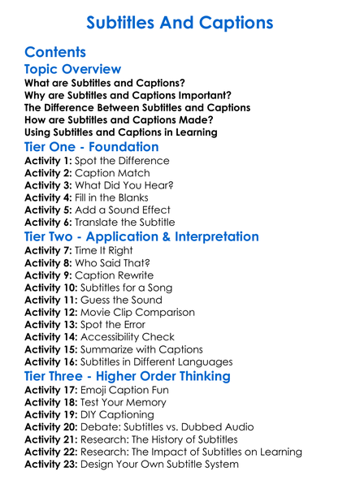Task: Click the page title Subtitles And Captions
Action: tap(180, 21)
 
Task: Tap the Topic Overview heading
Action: tap(73, 70)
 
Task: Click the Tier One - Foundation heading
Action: tap(92, 147)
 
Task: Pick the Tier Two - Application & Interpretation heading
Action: tap(142, 237)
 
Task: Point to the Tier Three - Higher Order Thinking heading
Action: tap(128, 376)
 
